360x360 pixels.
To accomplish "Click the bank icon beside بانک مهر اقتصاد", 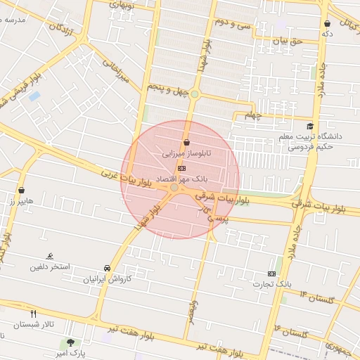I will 182,169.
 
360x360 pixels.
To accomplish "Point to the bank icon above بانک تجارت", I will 272,274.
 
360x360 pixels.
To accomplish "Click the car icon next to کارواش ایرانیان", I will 106,269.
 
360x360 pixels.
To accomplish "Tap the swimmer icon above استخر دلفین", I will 49,256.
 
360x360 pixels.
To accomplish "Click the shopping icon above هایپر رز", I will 22,190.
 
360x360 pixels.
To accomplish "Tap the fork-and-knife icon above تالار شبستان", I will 32,312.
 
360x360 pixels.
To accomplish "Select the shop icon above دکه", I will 327,24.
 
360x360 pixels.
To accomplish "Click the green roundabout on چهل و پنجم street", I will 195,94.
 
